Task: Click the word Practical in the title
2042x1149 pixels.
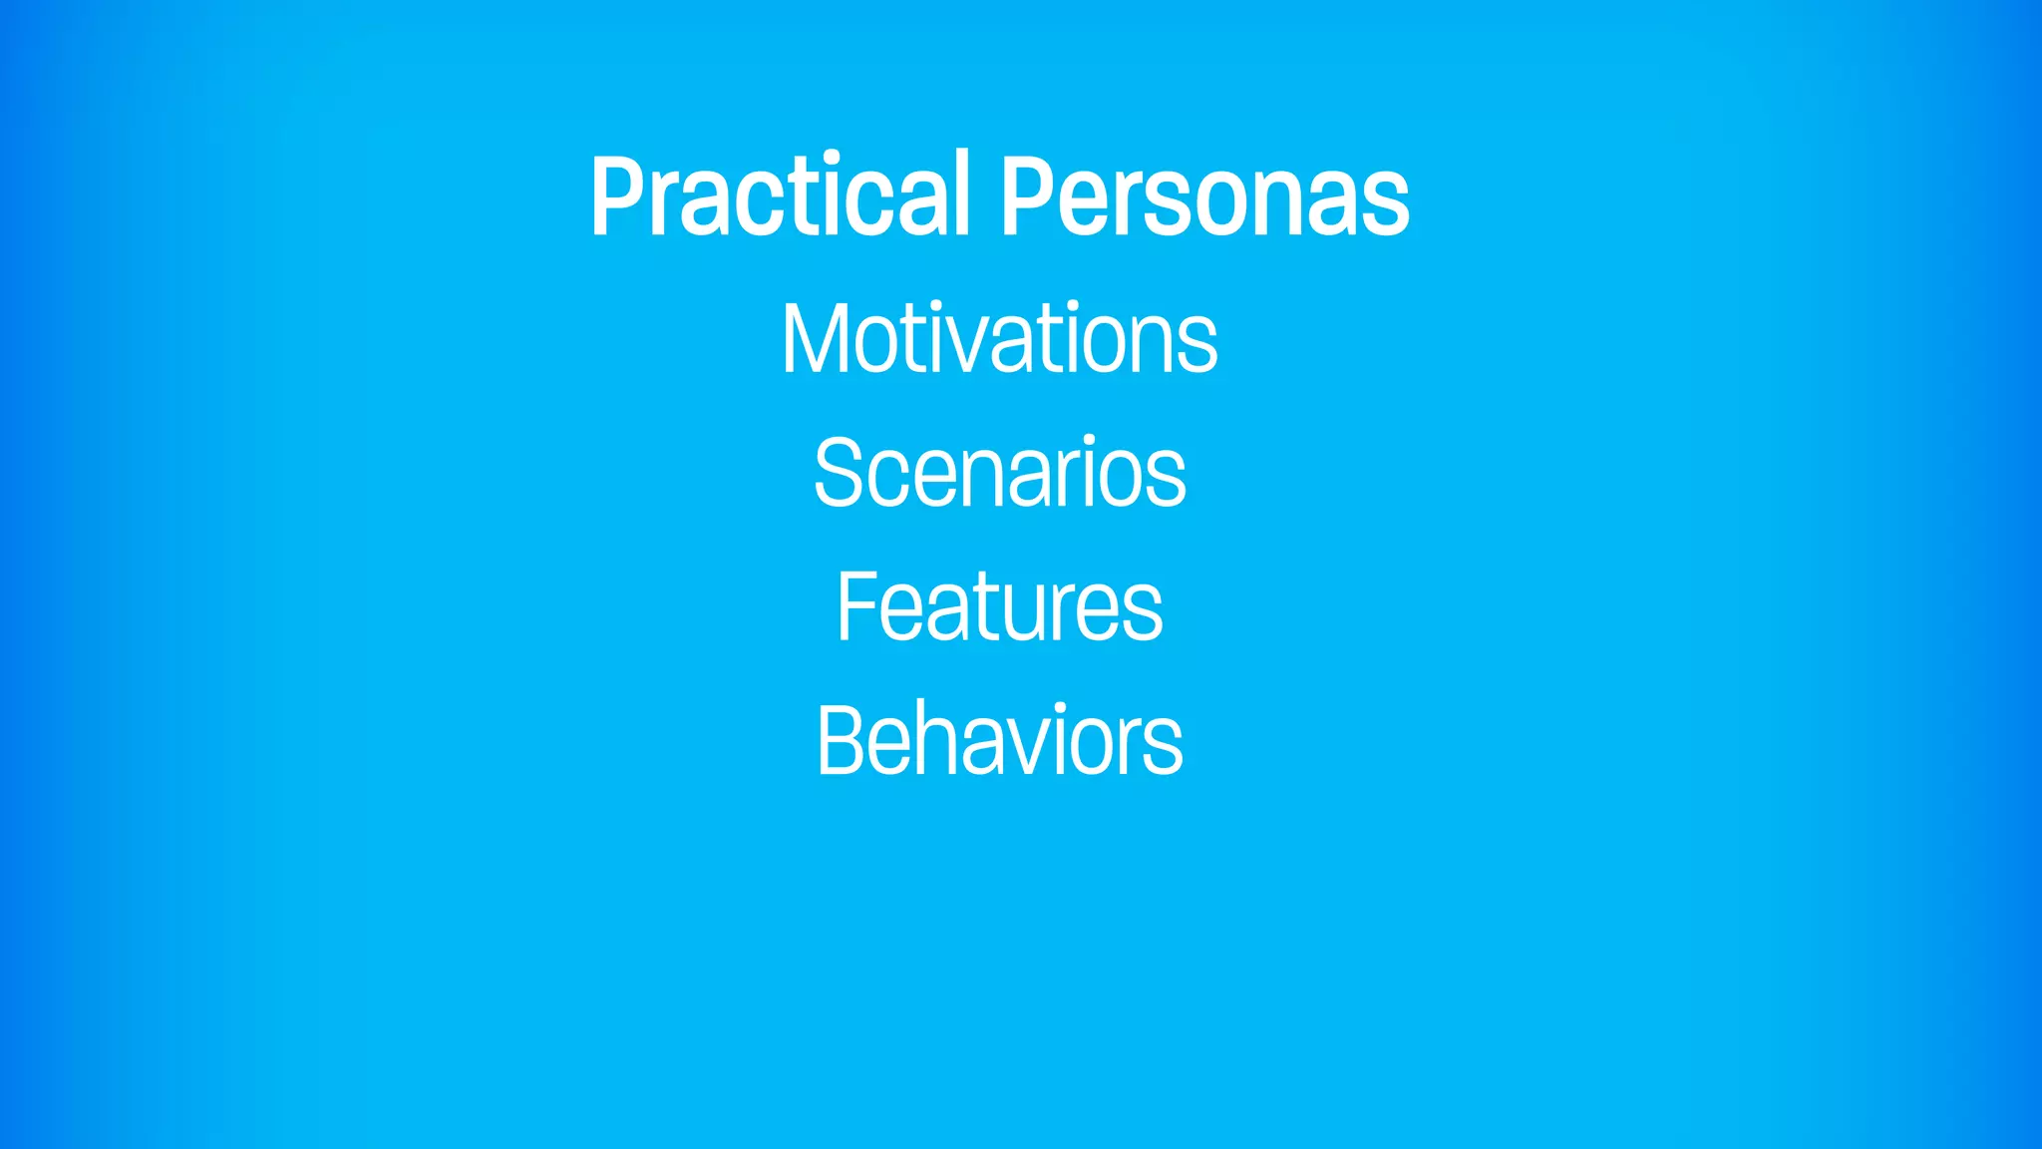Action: click(779, 196)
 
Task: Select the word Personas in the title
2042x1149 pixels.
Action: click(1204, 196)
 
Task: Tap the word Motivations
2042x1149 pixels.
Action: click(999, 339)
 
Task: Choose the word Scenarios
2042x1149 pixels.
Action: click(999, 473)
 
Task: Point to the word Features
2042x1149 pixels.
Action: click(999, 606)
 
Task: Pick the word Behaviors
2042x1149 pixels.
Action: click(999, 740)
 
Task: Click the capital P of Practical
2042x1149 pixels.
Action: click(615, 196)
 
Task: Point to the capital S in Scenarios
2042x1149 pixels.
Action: click(839, 473)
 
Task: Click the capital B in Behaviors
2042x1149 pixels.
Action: click(840, 740)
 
